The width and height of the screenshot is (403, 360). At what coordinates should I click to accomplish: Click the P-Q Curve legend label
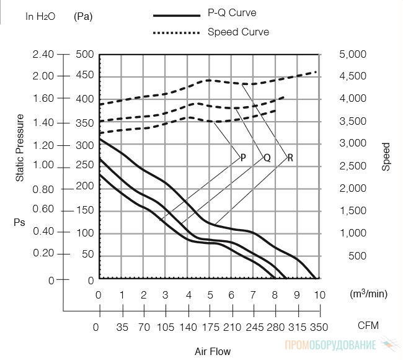pyautogui.click(x=232, y=12)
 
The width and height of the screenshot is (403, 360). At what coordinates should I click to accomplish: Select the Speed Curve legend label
pyautogui.click(x=238, y=32)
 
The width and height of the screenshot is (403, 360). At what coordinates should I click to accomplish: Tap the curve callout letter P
pyautogui.click(x=243, y=158)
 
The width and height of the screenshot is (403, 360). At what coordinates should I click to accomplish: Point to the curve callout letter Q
pyautogui.click(x=267, y=158)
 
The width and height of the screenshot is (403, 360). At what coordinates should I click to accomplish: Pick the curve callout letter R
pyautogui.click(x=290, y=158)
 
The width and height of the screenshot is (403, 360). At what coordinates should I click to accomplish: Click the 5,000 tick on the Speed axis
pyautogui.click(x=353, y=54)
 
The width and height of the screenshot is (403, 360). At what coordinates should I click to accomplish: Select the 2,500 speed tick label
pyautogui.click(x=353, y=166)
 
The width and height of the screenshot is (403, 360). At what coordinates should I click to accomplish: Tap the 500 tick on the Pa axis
pyautogui.click(x=85, y=54)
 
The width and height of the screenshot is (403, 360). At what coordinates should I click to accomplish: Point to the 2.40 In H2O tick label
pyautogui.click(x=43, y=54)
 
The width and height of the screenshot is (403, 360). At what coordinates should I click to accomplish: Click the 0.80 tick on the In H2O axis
pyautogui.click(x=43, y=189)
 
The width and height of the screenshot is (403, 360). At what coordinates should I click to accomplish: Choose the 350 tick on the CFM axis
pyautogui.click(x=319, y=327)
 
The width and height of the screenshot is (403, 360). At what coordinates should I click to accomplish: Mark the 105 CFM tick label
pyautogui.click(x=166, y=327)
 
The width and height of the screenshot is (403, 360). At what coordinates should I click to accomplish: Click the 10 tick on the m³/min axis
pyautogui.click(x=320, y=295)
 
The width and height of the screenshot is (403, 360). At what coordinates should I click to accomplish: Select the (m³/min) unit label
pyautogui.click(x=368, y=294)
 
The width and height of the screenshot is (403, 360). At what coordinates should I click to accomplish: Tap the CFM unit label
pyautogui.click(x=368, y=325)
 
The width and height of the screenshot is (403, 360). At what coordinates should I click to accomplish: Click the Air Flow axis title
pyautogui.click(x=213, y=351)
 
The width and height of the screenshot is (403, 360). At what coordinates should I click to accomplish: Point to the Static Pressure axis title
pyautogui.click(x=20, y=148)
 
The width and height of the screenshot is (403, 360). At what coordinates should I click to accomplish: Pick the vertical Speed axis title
pyautogui.click(x=386, y=156)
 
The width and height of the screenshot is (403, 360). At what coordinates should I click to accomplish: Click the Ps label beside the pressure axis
pyautogui.click(x=19, y=222)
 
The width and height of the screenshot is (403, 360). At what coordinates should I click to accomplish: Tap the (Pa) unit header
pyautogui.click(x=83, y=17)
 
